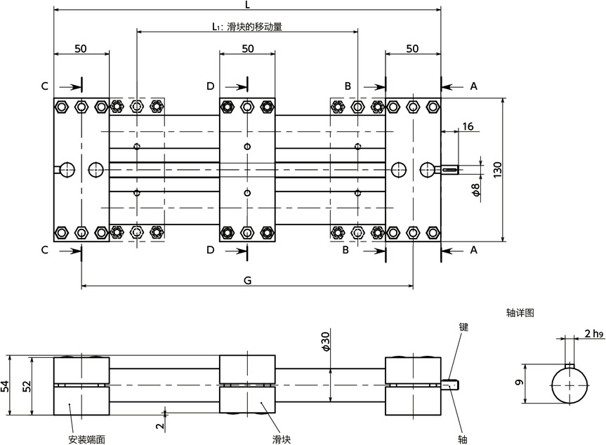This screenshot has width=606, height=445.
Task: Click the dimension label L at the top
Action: point(248,4)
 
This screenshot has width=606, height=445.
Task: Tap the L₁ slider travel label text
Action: point(247,27)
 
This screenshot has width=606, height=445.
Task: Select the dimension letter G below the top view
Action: point(248,281)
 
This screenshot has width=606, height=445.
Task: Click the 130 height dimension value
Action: point(497,170)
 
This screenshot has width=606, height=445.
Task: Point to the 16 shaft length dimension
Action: point(468,126)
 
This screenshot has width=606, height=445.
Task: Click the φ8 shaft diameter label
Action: point(476,190)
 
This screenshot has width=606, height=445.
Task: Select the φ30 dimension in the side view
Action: point(326,342)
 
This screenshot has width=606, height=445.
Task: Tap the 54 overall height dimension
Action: point(5,386)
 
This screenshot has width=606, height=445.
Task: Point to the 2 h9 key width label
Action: point(594,333)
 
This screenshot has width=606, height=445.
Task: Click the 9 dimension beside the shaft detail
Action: point(520,383)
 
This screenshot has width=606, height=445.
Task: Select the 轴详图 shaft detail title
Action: point(520,313)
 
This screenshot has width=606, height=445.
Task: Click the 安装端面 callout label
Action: point(86,439)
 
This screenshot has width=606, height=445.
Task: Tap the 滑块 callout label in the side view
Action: point(282,439)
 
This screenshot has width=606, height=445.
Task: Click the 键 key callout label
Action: point(463,327)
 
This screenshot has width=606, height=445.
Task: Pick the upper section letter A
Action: point(473,86)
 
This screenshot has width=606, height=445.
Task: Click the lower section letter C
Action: point(45,251)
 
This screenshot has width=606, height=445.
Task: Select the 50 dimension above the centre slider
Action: point(248,48)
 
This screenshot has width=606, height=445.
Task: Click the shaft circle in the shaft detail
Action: point(569,385)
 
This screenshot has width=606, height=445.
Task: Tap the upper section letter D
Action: point(210,86)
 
